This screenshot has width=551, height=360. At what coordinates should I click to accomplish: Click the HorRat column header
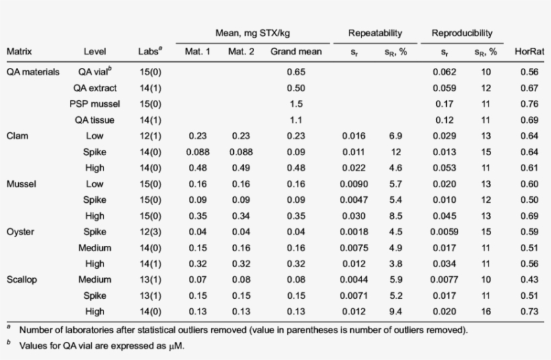click(529, 51)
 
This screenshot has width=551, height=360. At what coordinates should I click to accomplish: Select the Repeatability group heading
click(375, 32)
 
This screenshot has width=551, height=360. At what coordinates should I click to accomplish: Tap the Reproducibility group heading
click(462, 32)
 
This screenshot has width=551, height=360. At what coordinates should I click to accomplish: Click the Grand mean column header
click(296, 51)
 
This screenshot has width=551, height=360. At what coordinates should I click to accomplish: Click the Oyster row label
click(20, 232)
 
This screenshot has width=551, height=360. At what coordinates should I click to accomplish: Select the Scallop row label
click(22, 279)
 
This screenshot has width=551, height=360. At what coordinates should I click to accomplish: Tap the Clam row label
click(17, 136)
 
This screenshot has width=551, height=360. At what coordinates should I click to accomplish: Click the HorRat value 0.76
click(529, 104)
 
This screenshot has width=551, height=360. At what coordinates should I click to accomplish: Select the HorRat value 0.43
click(529, 279)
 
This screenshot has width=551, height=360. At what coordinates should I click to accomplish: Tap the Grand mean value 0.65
click(296, 72)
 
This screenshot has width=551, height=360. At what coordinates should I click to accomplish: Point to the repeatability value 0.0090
click(353, 184)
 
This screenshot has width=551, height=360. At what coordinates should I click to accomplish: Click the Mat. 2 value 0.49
click(241, 168)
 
